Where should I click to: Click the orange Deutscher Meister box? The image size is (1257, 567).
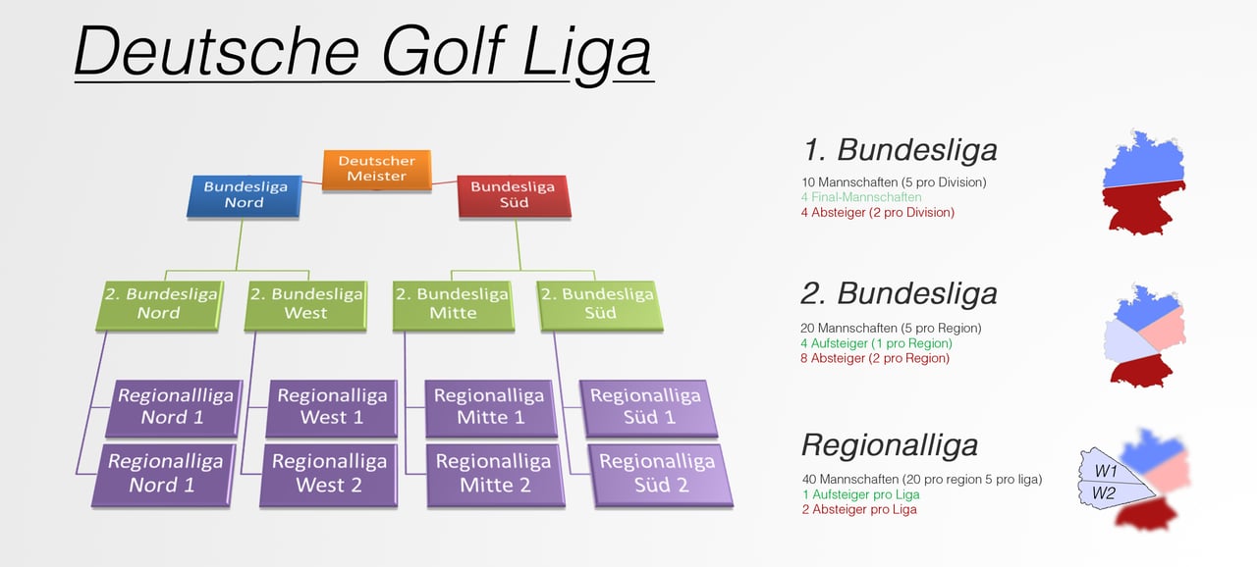pos(377,169)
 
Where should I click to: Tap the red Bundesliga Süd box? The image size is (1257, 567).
pos(514,194)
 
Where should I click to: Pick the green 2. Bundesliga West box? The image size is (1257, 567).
pos(303,303)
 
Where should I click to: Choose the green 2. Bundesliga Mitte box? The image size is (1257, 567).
pos(453,303)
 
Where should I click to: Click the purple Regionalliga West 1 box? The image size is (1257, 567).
pos(332,407)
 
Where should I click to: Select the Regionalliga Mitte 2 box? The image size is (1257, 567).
pos(494,474)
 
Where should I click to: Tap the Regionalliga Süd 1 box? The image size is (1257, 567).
pos(646,407)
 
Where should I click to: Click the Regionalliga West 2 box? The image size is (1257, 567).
pos(328,474)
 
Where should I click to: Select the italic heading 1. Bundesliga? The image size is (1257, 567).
pos(900,150)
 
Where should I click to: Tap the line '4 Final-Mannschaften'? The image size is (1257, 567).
pos(860,197)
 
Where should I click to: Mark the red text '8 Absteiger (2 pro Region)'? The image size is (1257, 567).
pos(875,358)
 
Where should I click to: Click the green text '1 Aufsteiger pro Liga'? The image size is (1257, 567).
pos(860,494)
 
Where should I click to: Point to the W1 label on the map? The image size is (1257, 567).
pos(1106,472)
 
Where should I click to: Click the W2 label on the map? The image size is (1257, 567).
pos(1104,493)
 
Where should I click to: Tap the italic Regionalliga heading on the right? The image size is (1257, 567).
pos(890,445)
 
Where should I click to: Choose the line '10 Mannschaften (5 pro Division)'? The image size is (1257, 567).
pos(894,182)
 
